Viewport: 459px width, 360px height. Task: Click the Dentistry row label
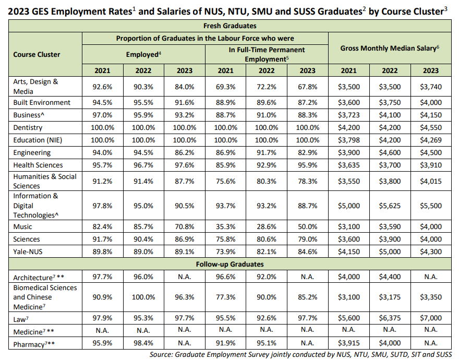[x=28, y=127]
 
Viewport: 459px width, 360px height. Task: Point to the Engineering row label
[x=32, y=152]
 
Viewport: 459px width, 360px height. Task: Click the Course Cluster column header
[x=37, y=54]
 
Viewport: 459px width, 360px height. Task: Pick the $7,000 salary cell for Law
[x=431, y=318]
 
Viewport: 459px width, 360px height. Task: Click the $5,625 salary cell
[x=390, y=206]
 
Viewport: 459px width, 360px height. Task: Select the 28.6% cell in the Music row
[x=267, y=226]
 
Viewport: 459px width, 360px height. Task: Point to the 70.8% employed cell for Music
[x=184, y=226]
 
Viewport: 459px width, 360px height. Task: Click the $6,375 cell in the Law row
[x=390, y=318]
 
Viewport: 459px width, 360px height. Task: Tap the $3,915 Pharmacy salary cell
[x=349, y=343]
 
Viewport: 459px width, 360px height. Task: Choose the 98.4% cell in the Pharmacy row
[x=143, y=343]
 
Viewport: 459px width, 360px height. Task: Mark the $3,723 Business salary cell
[x=349, y=115]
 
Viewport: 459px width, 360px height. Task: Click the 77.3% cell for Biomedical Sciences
[x=225, y=297]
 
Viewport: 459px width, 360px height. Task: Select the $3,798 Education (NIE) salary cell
[x=349, y=140]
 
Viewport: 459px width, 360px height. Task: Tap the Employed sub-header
[x=143, y=54]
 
